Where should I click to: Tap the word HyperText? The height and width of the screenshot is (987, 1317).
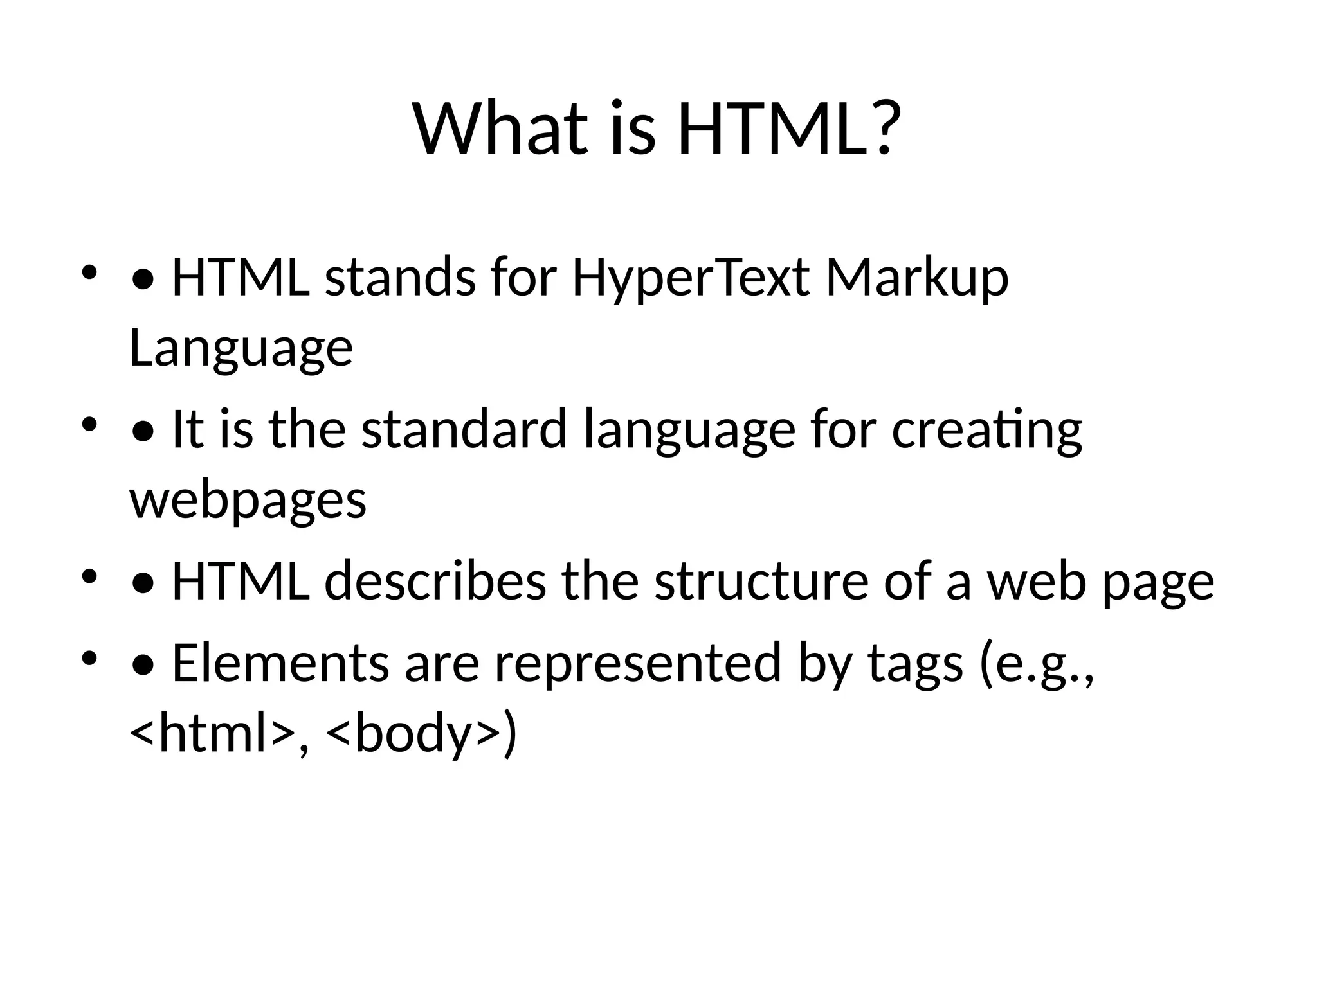[691, 279]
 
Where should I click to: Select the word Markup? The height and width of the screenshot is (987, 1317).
[917, 279]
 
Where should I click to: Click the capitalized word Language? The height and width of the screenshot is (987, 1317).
[241, 348]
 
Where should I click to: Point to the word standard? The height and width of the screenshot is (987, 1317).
[464, 429]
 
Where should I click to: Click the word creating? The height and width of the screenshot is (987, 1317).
[986, 429]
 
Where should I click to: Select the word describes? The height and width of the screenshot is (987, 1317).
[435, 581]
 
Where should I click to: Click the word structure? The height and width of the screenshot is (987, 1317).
[761, 581]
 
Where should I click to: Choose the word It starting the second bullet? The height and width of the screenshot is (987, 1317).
[188, 429]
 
